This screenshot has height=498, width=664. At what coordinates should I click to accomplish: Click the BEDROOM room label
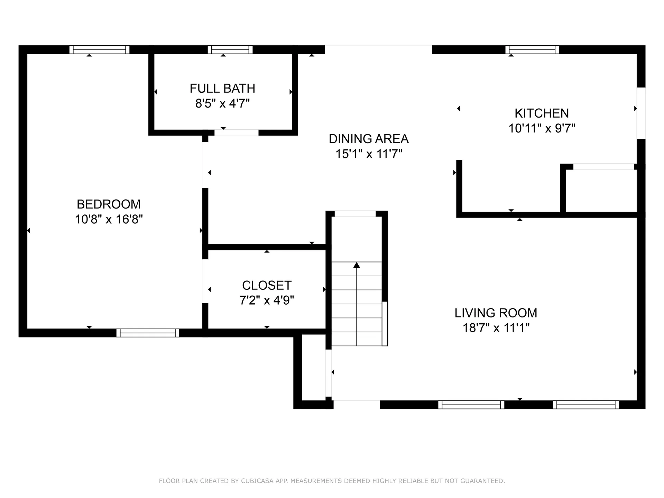109,204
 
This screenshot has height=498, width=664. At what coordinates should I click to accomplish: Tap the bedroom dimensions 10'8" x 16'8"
109,219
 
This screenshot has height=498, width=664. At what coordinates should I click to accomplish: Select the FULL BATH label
222,89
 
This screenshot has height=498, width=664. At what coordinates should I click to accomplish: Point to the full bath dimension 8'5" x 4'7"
222,103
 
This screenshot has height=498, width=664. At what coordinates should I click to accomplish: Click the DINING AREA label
369,139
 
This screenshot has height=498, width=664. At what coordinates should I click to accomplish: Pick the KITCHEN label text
542,113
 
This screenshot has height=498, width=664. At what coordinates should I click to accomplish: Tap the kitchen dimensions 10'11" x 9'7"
542,128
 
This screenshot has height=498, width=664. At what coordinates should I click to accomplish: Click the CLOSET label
267,285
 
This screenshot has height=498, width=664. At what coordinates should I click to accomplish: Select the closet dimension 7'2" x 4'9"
267,300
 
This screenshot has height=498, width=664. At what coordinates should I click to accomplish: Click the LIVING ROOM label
496,313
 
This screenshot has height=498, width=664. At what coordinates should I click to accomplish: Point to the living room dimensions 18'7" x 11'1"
496,328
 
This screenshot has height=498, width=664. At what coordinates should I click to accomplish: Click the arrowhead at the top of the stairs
357,265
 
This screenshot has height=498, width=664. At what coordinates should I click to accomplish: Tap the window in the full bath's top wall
230,49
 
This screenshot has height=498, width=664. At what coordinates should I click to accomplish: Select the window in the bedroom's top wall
99,49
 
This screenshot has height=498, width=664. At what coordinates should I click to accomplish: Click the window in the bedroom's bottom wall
148,333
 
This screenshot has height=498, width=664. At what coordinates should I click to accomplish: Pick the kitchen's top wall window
532,49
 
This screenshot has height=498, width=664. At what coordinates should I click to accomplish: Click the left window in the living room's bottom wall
471,405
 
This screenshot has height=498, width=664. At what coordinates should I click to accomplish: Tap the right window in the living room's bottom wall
586,405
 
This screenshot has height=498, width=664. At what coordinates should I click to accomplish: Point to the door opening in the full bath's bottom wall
236,132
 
